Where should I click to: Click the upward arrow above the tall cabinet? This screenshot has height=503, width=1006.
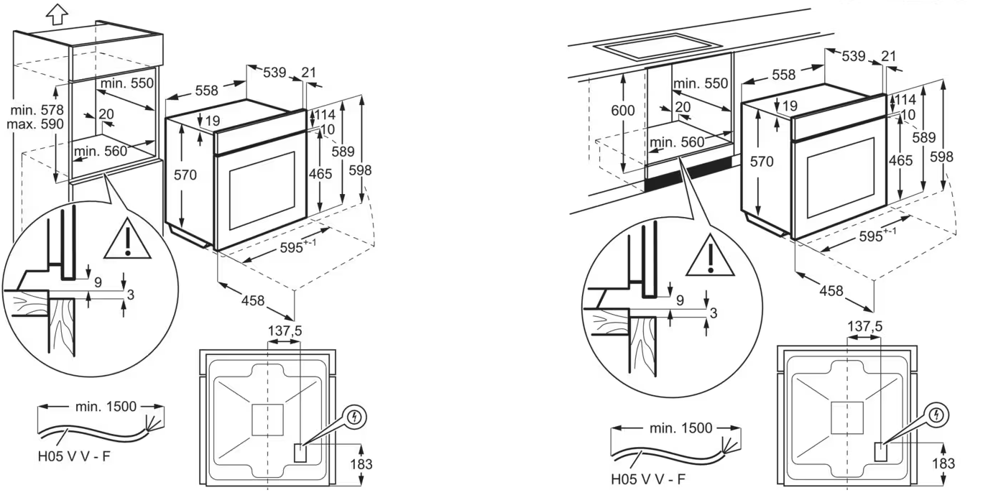(x=57, y=14)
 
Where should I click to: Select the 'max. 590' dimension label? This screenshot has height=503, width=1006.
(x=35, y=124)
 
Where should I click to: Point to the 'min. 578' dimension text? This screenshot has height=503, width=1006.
(x=37, y=110)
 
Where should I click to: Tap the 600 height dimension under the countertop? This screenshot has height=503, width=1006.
(x=623, y=111)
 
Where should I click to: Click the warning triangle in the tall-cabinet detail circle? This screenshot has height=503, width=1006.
(x=128, y=239)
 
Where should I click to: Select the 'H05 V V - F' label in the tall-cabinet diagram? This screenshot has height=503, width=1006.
(x=74, y=457)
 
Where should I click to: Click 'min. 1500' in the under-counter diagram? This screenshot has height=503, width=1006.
(x=681, y=428)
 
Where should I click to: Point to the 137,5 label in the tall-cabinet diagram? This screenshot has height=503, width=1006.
(x=285, y=331)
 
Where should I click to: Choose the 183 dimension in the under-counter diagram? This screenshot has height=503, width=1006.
(x=943, y=463)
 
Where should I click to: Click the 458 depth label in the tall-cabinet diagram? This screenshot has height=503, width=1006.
(x=253, y=300)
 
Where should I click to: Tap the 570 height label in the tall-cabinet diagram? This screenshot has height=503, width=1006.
(x=185, y=175)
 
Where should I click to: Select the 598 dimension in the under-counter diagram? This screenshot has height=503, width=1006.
(x=941, y=157)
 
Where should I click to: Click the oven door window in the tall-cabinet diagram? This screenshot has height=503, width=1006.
(x=262, y=190)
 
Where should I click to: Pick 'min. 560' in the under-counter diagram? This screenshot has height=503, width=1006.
(x=677, y=142)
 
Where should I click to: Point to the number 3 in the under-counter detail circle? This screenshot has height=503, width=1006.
(x=714, y=313)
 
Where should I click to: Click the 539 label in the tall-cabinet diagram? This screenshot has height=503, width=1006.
(x=274, y=73)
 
